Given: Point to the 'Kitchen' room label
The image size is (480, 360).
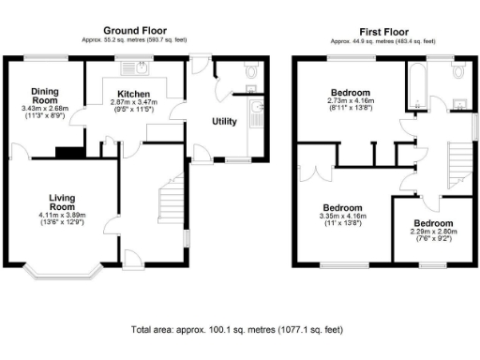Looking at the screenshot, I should coord(130,93).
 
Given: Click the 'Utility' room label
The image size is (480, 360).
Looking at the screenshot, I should coord(224,122).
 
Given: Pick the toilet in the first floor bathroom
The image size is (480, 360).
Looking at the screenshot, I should coord(458,71).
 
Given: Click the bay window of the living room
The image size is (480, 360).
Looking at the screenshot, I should coord(63,274).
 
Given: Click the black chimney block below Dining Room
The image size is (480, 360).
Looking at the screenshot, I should coord(66,154).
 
